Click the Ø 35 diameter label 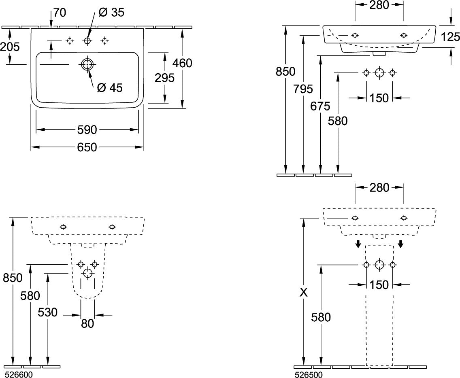click(111, 12)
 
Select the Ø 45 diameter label click(110, 87)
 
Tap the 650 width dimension click(87, 147)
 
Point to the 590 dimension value click(87, 130)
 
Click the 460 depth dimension click(182, 63)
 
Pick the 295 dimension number click(164, 78)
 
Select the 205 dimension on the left click(10, 46)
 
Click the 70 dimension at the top click(60, 13)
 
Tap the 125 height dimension click(450, 37)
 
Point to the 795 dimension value click(303, 89)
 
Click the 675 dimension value click(320, 106)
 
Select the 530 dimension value click(47, 312)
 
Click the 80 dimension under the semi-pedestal click(87, 323)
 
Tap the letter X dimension click(304, 292)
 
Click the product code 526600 click(17, 374)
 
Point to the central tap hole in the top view click(87, 41)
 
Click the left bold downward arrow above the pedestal click(358, 243)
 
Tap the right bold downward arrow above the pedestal click(401, 243)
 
